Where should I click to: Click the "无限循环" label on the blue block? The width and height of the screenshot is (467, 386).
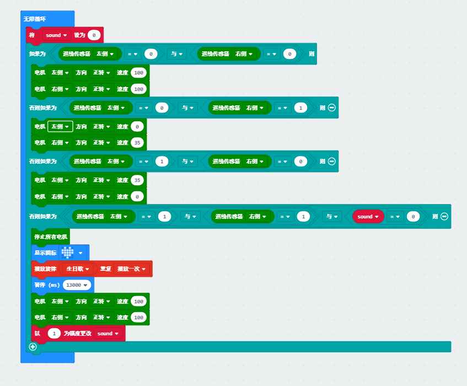click(35, 19)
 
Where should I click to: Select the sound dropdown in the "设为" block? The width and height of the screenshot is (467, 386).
click(56, 35)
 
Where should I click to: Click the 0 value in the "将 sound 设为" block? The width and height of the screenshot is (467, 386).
click(94, 35)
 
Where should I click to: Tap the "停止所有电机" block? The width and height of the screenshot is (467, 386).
click(51, 237)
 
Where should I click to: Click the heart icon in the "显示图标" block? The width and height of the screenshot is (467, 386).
click(67, 253)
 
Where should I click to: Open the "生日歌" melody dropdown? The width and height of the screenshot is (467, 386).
click(77, 269)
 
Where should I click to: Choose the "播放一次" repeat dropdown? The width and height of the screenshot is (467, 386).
click(131, 269)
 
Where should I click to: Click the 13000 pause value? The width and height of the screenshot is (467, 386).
click(77, 285)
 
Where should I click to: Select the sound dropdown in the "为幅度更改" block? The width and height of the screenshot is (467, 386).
click(108, 334)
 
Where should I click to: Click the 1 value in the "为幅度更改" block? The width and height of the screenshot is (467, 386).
click(54, 334)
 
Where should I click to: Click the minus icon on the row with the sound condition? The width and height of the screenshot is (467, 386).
click(444, 217)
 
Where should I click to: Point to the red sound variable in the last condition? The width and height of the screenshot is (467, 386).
click(368, 217)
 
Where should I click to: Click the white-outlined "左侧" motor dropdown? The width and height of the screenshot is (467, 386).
click(60, 127)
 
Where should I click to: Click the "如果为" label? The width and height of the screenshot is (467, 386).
click(37, 54)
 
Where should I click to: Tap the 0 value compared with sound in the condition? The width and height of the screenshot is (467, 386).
click(413, 217)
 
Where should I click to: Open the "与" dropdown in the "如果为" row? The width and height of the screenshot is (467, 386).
click(176, 54)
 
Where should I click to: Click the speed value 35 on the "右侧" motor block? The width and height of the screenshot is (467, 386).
click(137, 143)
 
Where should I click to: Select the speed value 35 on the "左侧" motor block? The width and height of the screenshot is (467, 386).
click(137, 180)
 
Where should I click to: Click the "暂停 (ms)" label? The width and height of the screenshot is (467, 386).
click(47, 285)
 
